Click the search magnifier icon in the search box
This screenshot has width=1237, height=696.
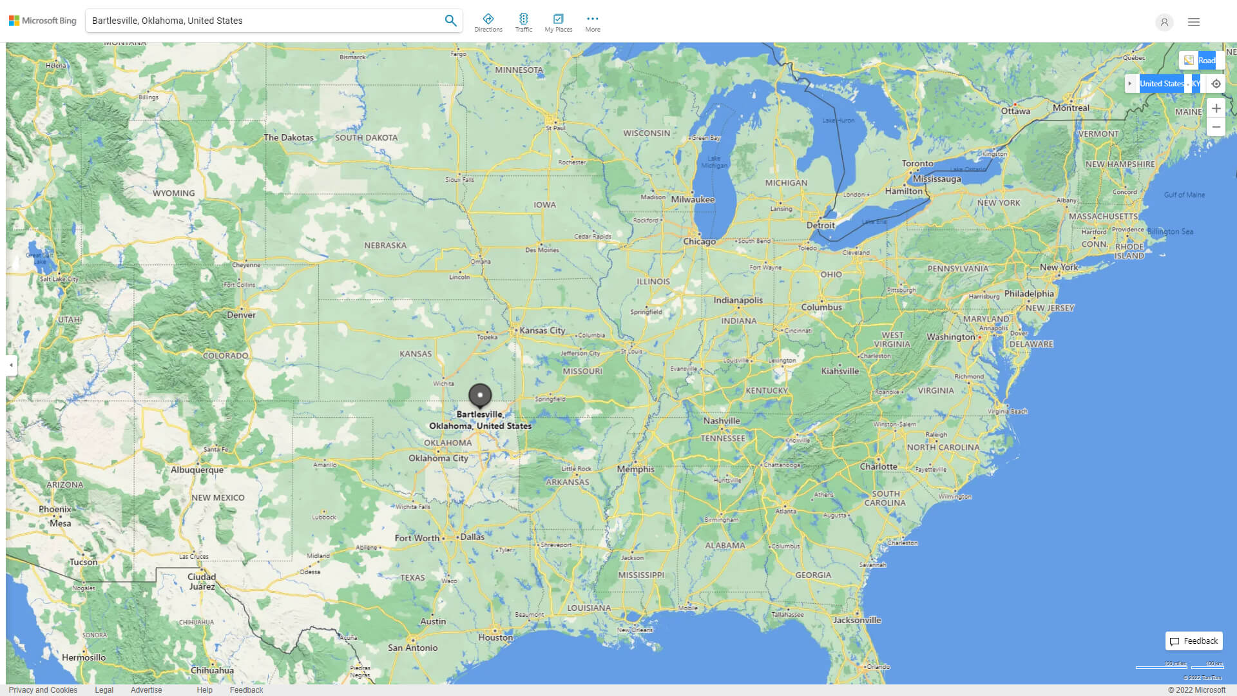point(450,21)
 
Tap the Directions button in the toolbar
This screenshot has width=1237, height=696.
point(488,23)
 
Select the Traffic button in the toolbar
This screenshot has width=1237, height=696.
point(524,23)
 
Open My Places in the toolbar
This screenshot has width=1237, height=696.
point(558,23)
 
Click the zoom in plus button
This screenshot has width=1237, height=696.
point(1216,108)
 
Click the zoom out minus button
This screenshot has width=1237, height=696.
point(1216,127)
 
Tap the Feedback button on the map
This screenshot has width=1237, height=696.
point(1194,641)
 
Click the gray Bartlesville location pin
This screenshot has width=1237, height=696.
point(480,395)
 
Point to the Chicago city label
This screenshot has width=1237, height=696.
point(700,242)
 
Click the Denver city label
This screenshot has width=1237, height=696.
point(241,315)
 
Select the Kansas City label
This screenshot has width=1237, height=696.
point(542,331)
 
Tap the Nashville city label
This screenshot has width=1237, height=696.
point(722,421)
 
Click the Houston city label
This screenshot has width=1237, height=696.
point(495,637)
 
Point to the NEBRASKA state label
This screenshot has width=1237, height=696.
point(385,246)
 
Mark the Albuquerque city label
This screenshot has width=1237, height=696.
point(197,470)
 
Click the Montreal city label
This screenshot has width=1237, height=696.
point(1071,108)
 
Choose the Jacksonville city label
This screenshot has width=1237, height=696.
point(857,620)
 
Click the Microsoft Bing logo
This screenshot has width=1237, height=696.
point(43,21)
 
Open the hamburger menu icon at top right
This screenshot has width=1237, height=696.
point(1194,22)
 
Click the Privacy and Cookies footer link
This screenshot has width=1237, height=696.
point(43,690)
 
